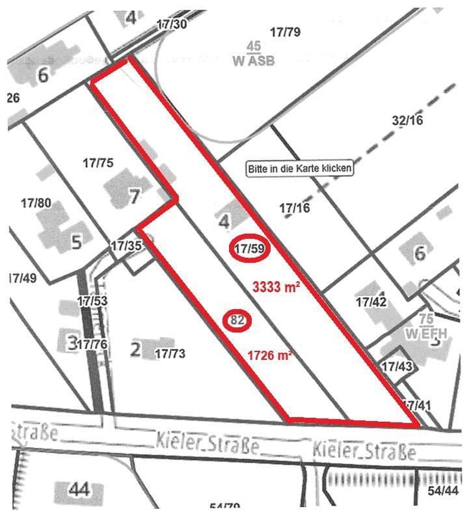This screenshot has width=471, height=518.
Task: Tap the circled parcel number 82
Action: [237, 320]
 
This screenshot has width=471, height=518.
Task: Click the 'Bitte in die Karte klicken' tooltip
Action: [300, 169]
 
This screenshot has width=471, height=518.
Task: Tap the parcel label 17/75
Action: [98, 163]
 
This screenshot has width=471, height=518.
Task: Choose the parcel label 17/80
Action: [36, 203]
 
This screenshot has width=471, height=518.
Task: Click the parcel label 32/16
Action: [408, 120]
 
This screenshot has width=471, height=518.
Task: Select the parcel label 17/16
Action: [295, 208]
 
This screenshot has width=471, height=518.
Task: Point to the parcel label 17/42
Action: [371, 302]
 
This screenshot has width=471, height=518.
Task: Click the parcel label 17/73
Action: [170, 353]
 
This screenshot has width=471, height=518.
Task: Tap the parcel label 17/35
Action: [126, 246]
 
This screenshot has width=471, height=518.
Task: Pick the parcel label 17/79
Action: [284, 31]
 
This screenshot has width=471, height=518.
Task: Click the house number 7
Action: [133, 195]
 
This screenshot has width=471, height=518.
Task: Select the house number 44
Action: [79, 489]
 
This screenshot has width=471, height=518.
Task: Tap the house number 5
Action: [76, 242]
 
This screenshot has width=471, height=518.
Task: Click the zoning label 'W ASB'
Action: [253, 61]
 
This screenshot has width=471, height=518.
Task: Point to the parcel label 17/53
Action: [92, 301]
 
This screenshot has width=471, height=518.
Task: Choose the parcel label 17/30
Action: [172, 24]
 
